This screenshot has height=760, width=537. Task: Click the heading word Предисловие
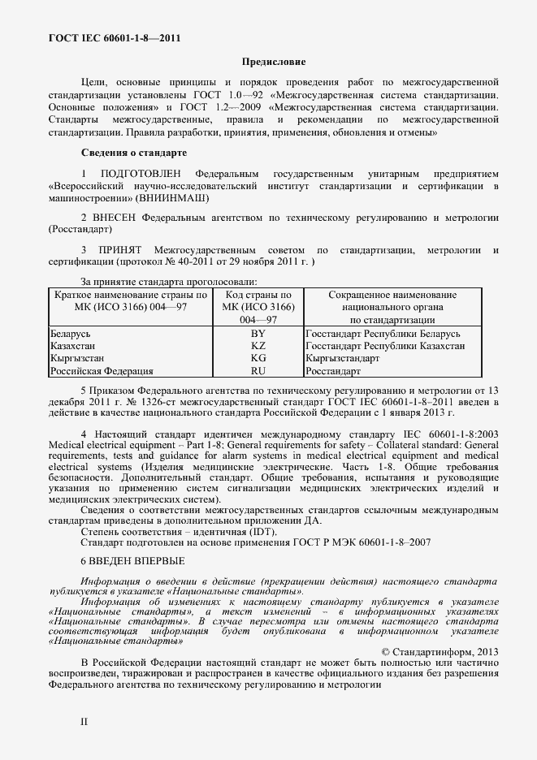pos(275,62)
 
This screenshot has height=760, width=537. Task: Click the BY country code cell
pos(258,335)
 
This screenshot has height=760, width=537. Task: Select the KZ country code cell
pos(258,346)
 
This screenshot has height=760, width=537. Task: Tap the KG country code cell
pos(258,358)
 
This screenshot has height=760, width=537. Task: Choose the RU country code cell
pos(258,370)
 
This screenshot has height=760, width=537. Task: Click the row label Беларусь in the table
pos(70,335)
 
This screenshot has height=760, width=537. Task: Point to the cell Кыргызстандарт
pos(343,358)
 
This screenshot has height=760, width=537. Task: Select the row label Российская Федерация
pos(102,370)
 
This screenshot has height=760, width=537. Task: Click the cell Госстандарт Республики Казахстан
pos(385,346)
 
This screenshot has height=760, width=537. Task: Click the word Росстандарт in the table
pos(333,370)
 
